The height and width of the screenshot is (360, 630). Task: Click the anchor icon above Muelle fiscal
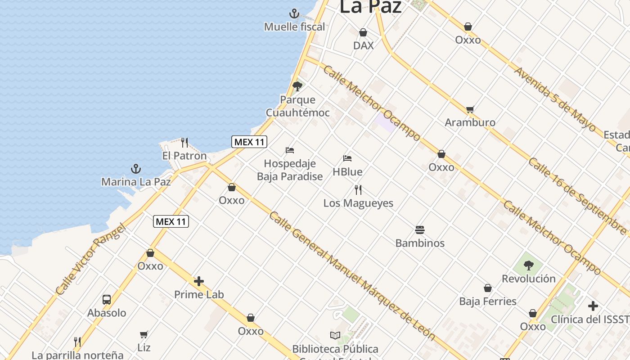(294, 13)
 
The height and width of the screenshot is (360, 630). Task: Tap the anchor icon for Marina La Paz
(136, 169)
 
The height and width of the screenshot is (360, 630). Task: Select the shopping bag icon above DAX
(363, 32)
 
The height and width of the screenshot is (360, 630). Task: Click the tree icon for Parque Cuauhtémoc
(297, 86)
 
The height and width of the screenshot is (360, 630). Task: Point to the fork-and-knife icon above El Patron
(184, 143)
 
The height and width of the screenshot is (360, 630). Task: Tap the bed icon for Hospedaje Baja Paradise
(290, 150)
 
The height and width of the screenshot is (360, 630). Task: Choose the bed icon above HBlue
(347, 158)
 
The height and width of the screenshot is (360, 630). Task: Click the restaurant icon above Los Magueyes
(358, 190)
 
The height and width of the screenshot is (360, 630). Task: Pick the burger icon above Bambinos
(420, 230)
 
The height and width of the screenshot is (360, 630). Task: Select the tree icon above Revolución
(529, 265)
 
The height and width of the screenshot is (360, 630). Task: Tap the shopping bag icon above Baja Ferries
(488, 288)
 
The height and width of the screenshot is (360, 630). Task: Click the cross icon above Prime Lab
(199, 282)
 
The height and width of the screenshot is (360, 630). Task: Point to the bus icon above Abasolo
(107, 300)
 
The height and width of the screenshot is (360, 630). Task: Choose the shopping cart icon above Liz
(144, 334)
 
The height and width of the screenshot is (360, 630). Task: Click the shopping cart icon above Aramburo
(470, 109)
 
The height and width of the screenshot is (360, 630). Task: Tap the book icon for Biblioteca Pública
(335, 336)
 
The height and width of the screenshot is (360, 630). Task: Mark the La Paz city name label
(370, 7)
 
